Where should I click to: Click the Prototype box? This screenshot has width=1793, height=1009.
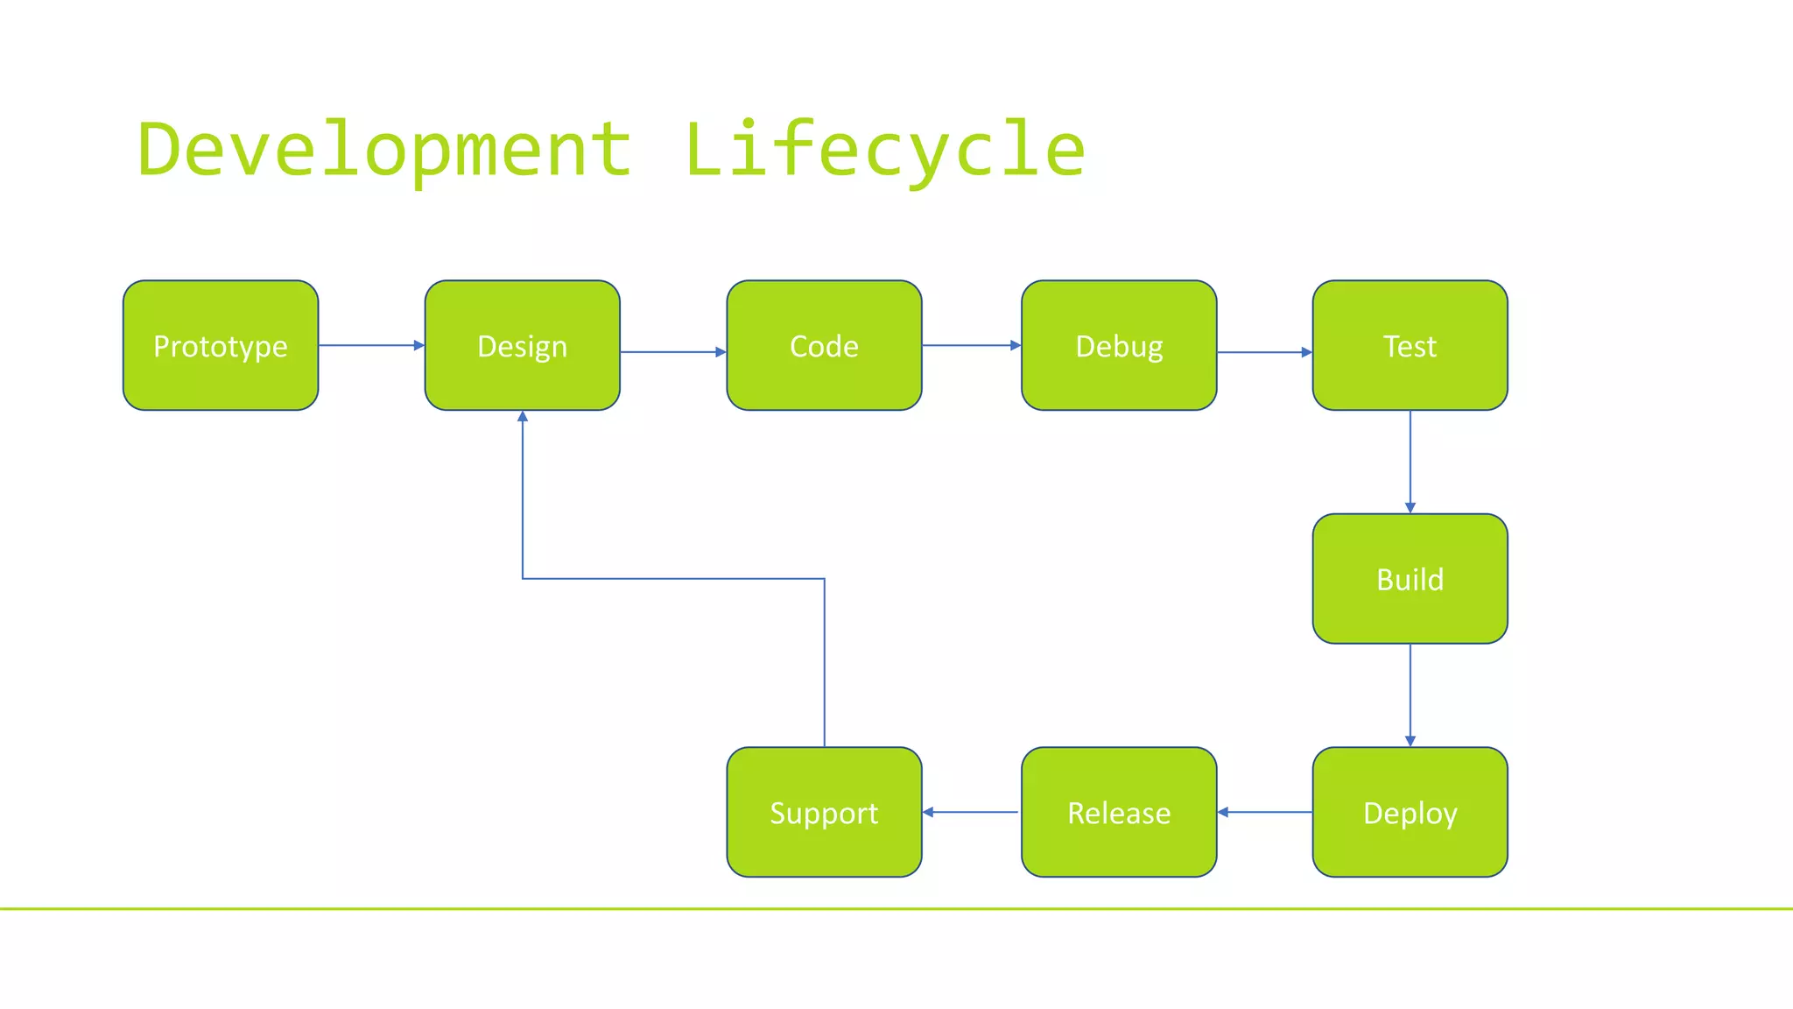(x=221, y=345)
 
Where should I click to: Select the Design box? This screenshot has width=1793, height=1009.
(x=522, y=345)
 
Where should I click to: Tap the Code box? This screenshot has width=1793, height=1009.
(x=824, y=345)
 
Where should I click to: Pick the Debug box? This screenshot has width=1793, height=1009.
(x=1119, y=345)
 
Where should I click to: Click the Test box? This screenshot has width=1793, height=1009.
(x=1410, y=345)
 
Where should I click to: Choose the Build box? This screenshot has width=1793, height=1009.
(x=1410, y=579)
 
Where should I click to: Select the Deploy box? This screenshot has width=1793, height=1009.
(x=1410, y=812)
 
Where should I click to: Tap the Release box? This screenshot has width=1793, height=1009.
(x=1119, y=812)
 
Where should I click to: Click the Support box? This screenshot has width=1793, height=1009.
(x=824, y=812)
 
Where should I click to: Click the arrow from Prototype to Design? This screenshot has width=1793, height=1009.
(x=371, y=345)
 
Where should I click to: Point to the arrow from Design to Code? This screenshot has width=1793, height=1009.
(x=672, y=352)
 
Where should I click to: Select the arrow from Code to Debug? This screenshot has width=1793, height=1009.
(x=971, y=345)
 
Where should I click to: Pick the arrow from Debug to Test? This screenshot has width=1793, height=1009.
(x=1264, y=352)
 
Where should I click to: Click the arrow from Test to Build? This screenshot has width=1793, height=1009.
(x=1410, y=462)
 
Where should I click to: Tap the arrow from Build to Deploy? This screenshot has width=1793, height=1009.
(x=1410, y=695)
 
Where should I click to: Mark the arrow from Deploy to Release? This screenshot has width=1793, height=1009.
(x=1264, y=812)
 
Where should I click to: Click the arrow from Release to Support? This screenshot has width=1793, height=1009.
(x=971, y=812)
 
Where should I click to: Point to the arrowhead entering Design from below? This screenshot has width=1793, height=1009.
(x=523, y=417)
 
